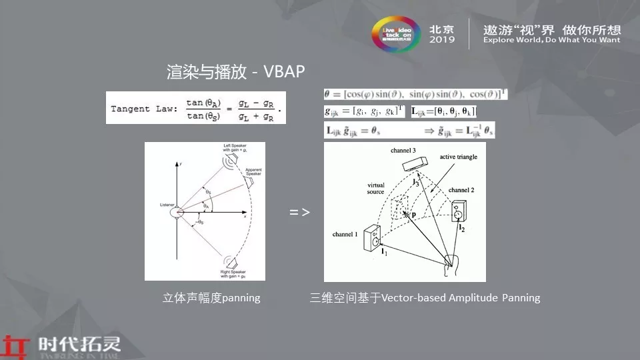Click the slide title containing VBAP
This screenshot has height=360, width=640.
[x=236, y=72]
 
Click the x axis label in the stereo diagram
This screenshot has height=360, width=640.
[x=246, y=217]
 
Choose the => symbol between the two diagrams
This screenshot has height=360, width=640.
[x=299, y=212]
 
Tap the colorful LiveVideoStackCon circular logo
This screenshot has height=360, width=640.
[x=393, y=31]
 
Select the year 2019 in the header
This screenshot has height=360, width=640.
[x=442, y=40]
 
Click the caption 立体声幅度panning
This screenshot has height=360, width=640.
[x=211, y=298]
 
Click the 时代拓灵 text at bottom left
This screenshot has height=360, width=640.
[x=79, y=345]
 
